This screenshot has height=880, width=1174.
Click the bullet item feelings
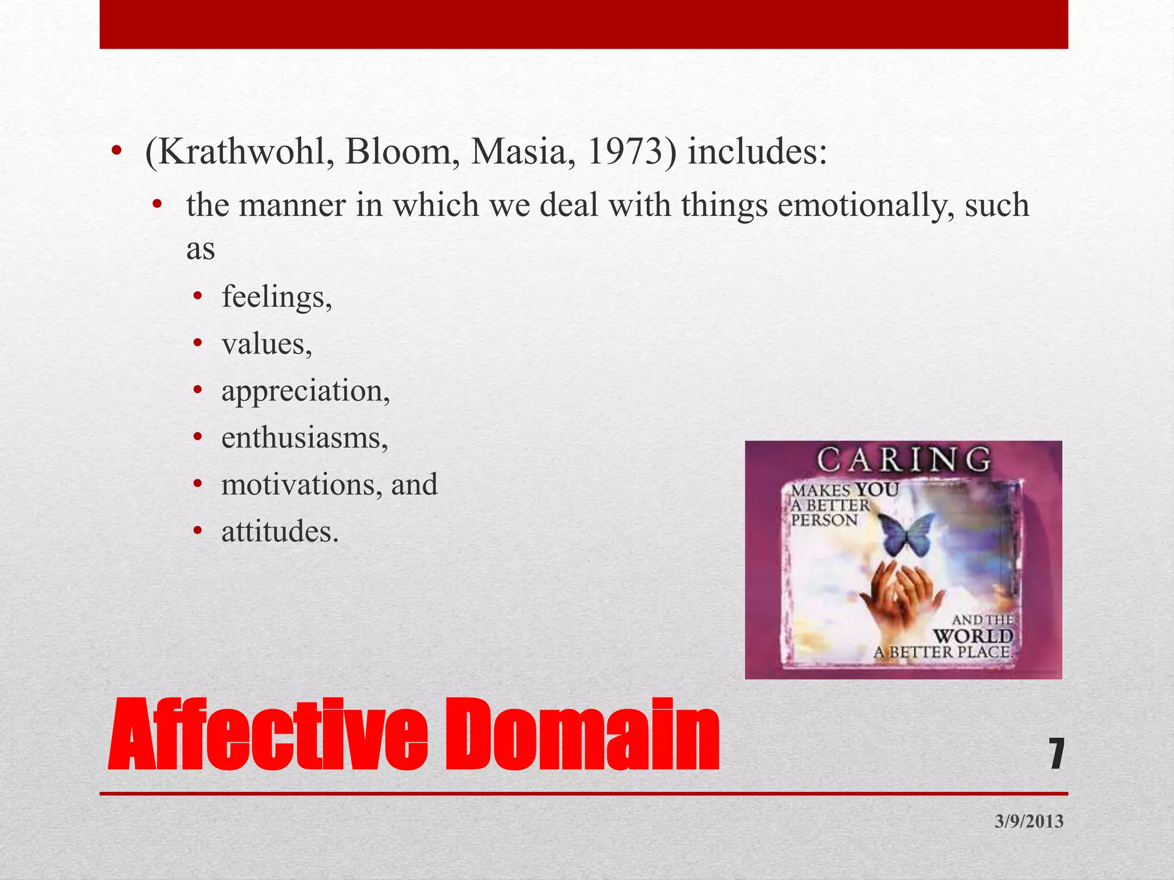[276, 297]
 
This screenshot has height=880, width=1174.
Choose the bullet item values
[267, 344]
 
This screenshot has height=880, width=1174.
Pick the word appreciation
[306, 391]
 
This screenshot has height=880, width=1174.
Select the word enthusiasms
[304, 438]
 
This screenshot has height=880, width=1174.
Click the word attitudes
[280, 532]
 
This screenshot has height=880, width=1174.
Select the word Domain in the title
[582, 734]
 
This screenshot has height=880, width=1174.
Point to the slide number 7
[1056, 753]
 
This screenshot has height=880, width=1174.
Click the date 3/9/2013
[1029, 821]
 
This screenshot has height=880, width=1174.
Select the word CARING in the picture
[903, 460]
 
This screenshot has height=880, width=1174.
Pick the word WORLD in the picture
[973, 636]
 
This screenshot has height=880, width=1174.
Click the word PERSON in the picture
[824, 520]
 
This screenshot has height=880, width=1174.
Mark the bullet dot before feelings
[198, 297]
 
